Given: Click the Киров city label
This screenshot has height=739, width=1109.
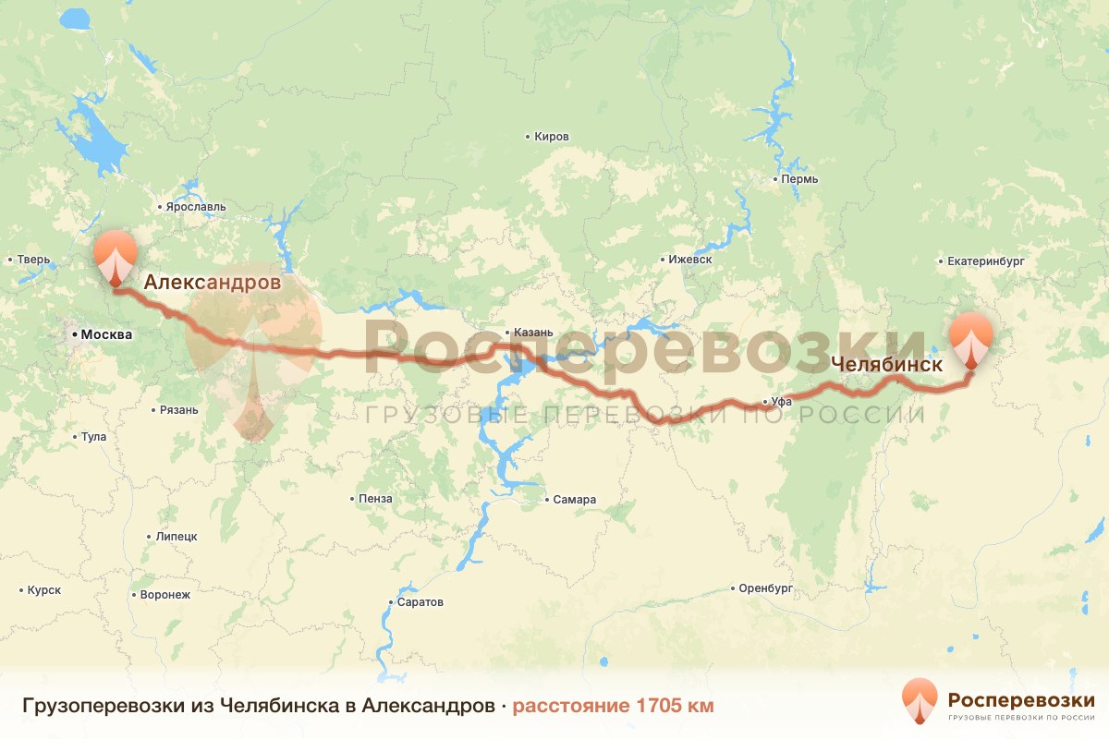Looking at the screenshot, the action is coord(552,137).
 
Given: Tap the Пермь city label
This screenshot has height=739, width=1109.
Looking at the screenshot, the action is coord(799,178).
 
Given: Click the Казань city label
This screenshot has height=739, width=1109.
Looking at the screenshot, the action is coord(534,333).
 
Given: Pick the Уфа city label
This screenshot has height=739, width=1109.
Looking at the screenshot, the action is coord(782,402).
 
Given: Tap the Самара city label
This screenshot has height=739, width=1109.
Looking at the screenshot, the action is coord(574,500).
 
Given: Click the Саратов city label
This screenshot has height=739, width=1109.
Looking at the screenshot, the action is coord(420,602).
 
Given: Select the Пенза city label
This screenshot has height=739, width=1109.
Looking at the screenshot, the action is coord(375,499).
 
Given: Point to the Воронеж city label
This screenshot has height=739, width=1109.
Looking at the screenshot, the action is coord(165,595).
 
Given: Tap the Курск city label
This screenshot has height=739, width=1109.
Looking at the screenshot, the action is coord(43,589).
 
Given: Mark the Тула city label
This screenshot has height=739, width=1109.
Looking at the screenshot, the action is coord(93,437).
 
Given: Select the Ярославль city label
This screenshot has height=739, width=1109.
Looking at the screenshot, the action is coord(195,208).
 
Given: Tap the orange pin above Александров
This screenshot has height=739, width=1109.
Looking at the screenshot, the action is coord(116,254).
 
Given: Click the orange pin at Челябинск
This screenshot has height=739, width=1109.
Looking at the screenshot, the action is coord(971,338).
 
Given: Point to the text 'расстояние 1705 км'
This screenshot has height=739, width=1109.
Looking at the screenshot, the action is coord(613,707).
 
